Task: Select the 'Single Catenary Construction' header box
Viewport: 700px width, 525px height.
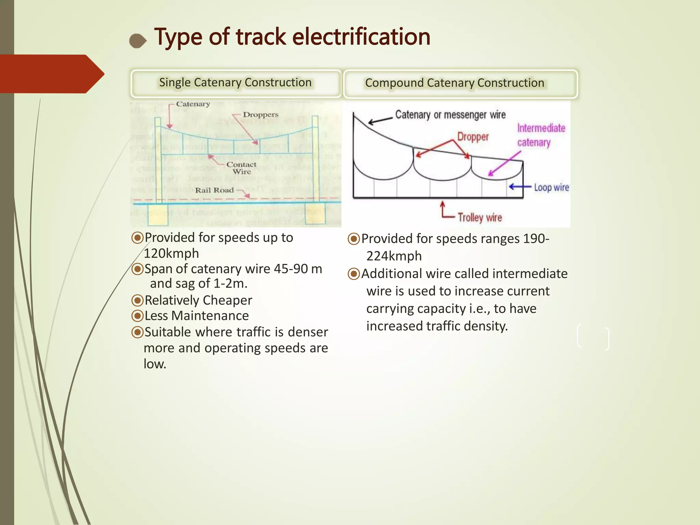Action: pyautogui.click(x=235, y=83)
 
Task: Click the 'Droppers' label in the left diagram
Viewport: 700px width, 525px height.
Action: pyautogui.click(x=260, y=115)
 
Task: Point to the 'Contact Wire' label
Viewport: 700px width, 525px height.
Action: pyautogui.click(x=241, y=168)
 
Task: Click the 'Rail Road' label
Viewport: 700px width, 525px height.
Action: pyautogui.click(x=214, y=190)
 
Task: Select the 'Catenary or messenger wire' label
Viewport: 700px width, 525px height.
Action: pyautogui.click(x=450, y=115)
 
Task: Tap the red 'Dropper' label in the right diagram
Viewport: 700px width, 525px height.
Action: pyautogui.click(x=473, y=137)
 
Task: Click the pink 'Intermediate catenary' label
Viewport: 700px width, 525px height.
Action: pyautogui.click(x=541, y=135)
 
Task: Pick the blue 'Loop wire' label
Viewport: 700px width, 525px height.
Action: pyautogui.click(x=551, y=187)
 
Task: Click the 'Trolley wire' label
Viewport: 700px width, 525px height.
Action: pyautogui.click(x=480, y=217)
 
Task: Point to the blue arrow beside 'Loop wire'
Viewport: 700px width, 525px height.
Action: pyautogui.click(x=520, y=187)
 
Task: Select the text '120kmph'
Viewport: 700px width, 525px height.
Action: pyautogui.click(x=171, y=254)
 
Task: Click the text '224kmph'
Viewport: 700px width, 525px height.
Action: pyautogui.click(x=394, y=256)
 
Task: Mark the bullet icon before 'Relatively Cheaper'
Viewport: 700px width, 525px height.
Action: pyautogui.click(x=137, y=300)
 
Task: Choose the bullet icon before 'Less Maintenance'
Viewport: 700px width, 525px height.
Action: pyautogui.click(x=137, y=316)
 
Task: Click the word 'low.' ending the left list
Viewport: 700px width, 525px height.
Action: pyautogui.click(x=155, y=364)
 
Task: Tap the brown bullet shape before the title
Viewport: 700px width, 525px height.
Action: pyautogui.click(x=138, y=41)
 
